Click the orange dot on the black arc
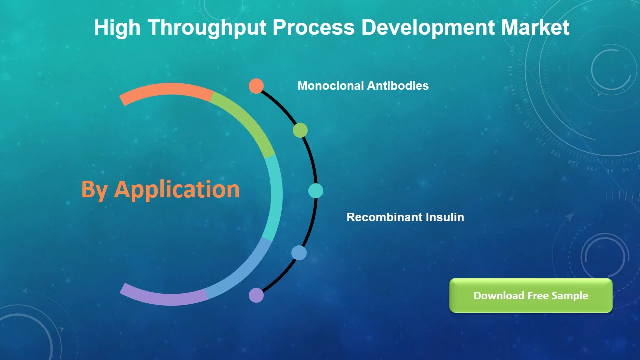256,86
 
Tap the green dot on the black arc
300,130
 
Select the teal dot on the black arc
315,190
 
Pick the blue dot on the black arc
299,253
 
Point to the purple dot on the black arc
256,295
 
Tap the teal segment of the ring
274,197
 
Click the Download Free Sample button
531,296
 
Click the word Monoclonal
331,86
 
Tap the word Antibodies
398,86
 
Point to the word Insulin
445,217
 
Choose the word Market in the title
535,28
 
